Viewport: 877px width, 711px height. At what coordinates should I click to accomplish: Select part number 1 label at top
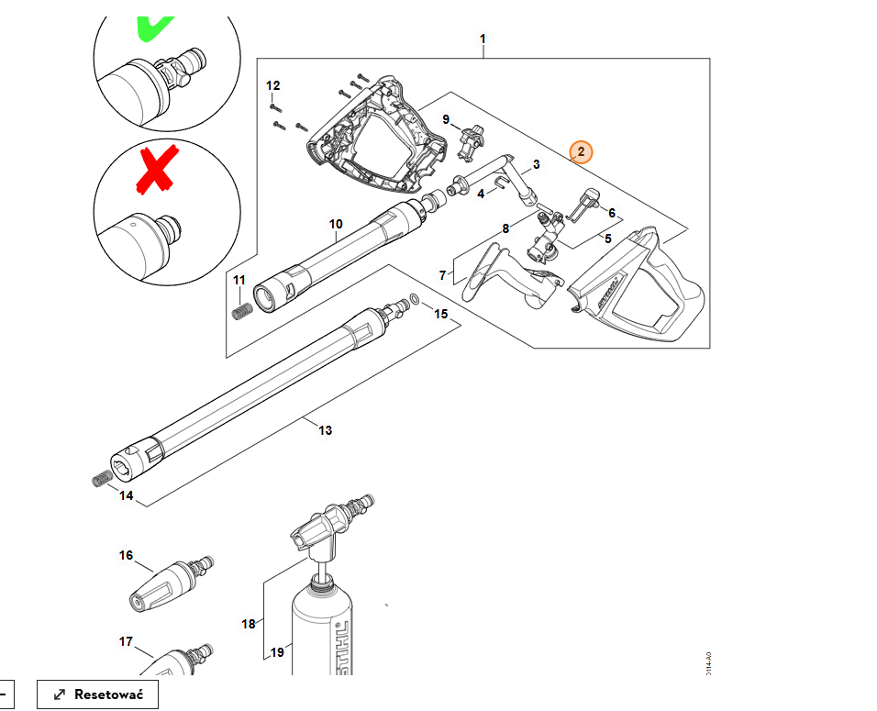(483, 39)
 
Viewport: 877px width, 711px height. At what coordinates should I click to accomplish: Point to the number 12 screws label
(272, 85)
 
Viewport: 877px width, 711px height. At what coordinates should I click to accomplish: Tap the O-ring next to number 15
(416, 299)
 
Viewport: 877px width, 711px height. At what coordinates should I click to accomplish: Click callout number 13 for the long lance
(325, 430)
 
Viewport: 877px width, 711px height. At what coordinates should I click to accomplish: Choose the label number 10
(336, 224)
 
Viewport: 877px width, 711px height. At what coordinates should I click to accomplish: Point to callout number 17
(126, 641)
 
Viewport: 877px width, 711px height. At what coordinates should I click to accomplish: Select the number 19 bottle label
(278, 652)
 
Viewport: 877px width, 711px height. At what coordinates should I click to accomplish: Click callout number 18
(249, 624)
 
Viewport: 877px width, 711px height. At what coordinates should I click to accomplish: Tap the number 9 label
(446, 119)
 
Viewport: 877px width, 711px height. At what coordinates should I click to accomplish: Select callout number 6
(612, 213)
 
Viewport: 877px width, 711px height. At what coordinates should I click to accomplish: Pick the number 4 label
(480, 194)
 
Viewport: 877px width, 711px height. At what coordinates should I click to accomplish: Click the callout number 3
(536, 164)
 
